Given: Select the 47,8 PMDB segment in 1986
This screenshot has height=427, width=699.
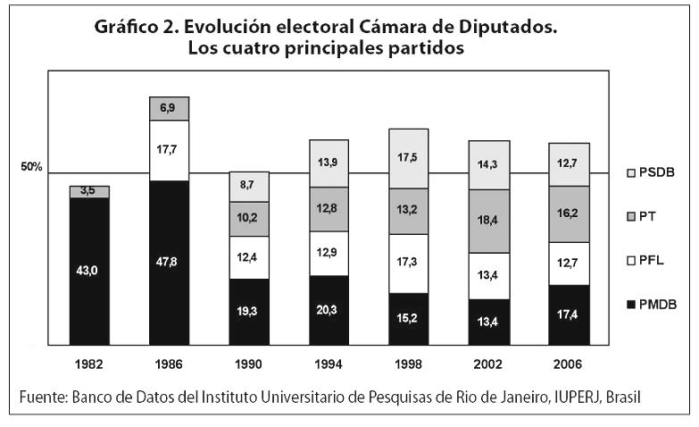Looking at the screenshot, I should [x=169, y=263].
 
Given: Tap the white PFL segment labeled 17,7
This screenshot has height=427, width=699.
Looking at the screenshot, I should [x=169, y=150].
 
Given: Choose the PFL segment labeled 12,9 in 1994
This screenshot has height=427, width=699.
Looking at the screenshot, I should [x=328, y=253].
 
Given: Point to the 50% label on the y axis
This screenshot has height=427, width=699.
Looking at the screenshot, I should [x=33, y=167].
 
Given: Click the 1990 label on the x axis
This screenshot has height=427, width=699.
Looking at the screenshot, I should [x=248, y=365].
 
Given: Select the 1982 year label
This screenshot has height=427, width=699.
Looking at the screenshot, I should [x=89, y=365].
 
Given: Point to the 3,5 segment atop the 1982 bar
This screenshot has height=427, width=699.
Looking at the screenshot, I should [x=89, y=191].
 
